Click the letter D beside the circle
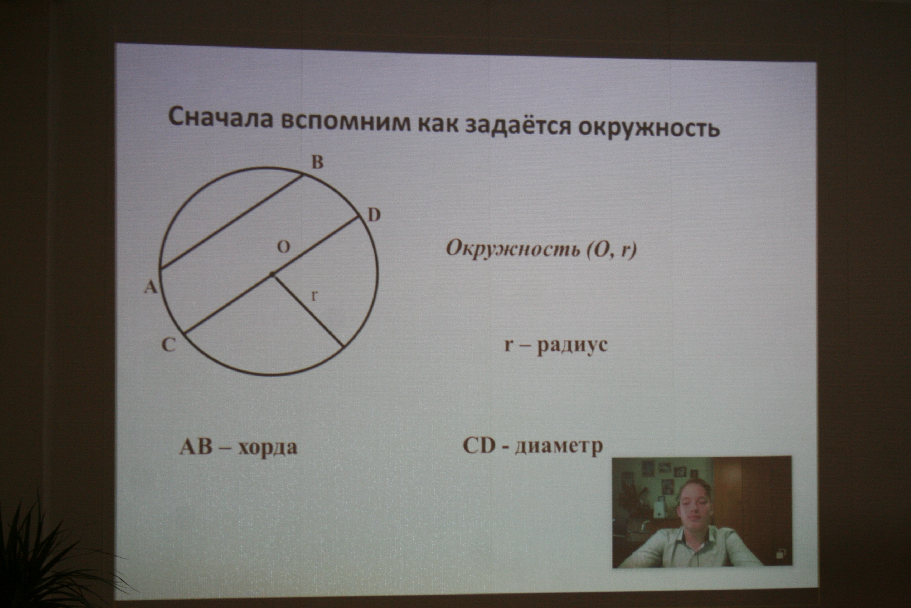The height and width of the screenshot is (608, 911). (374, 215)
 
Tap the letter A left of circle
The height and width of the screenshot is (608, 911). (151, 287)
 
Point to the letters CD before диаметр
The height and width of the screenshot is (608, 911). (479, 446)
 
